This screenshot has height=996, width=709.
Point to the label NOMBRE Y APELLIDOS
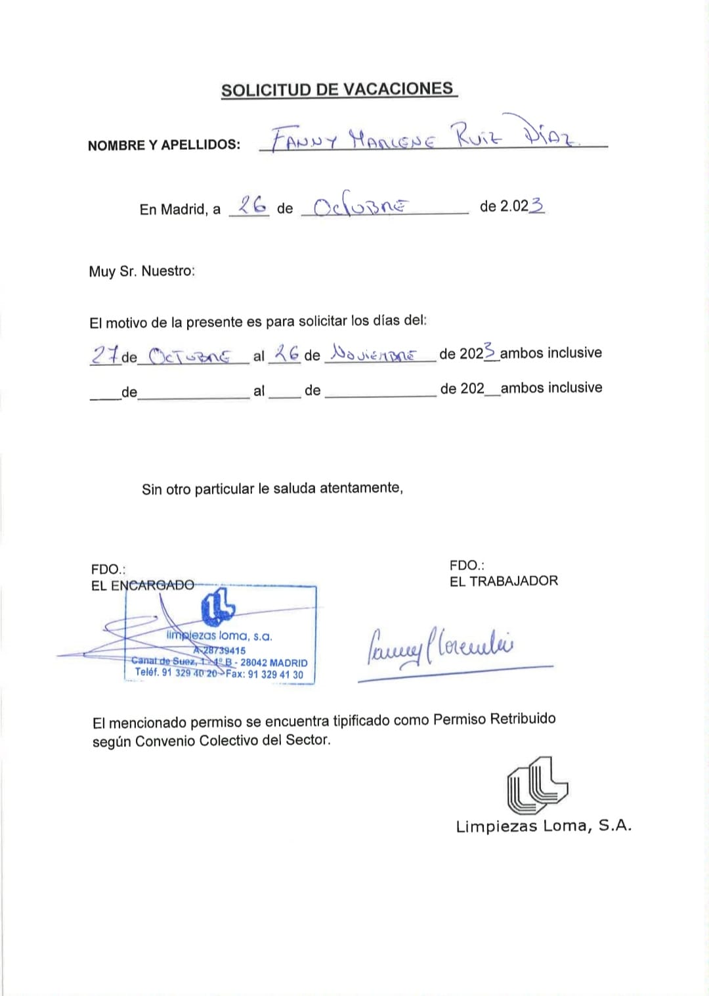164,145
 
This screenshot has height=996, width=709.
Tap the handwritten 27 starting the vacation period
105,355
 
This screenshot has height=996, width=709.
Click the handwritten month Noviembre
373,354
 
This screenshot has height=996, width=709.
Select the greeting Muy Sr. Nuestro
142,271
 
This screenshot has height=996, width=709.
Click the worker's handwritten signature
439,646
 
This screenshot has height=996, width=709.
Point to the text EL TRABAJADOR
504,581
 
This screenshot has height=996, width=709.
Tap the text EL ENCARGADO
142,585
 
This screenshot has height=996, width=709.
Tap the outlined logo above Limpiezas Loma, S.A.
536,785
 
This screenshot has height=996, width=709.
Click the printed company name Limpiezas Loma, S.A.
544,826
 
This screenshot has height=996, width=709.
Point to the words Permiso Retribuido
494,719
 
